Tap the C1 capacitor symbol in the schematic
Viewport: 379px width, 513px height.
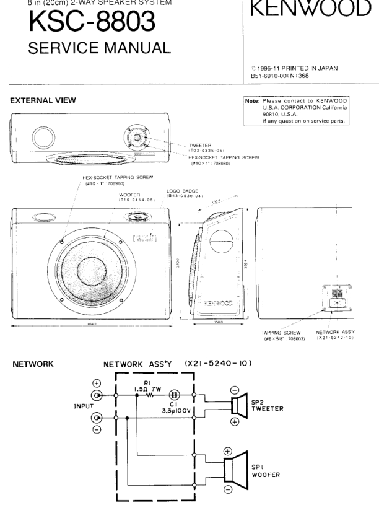(x=175, y=393)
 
